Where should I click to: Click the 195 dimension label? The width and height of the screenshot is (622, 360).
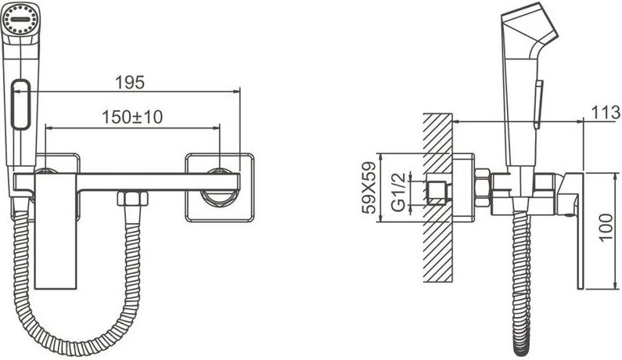pos(130,82)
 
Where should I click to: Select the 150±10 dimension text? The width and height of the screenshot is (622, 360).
pos(132,117)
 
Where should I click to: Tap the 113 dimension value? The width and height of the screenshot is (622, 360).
pos(606,113)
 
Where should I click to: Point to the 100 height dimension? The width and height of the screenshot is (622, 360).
pos(606,227)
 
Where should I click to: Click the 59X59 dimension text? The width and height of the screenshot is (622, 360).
pos(369,188)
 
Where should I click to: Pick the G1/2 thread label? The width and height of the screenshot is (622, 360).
pos(398,192)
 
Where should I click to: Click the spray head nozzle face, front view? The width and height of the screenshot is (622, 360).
pos(20,19)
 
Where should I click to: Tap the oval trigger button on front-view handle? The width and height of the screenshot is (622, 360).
pos(21,105)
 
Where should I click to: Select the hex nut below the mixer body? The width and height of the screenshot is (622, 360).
pos(132,198)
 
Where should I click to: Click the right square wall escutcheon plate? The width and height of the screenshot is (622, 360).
pos(219,187)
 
